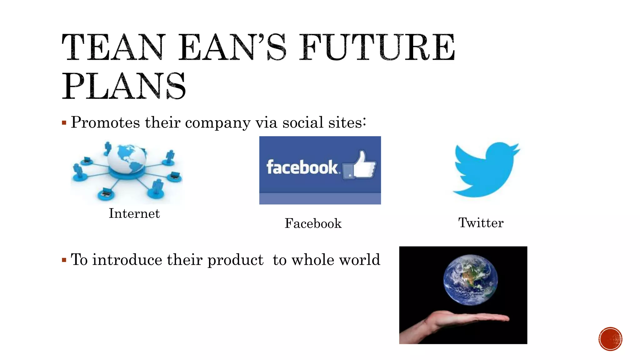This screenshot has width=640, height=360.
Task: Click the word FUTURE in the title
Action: pos(377,47)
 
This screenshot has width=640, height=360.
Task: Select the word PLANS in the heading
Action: pos(124,86)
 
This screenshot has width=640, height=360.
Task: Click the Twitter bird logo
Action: pos(486,170)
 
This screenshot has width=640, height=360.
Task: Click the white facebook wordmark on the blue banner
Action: pos(302,167)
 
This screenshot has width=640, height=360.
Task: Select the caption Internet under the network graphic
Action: pos(134,213)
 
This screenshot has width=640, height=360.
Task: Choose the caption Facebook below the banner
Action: pos(313,223)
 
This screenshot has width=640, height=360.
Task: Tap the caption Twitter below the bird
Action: pos(481,223)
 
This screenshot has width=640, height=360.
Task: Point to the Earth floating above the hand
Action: pos(470,279)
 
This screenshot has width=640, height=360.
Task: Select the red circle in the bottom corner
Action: pos(610,339)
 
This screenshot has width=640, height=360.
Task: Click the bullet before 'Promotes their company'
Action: pos(64,123)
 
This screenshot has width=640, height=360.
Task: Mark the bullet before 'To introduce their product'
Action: pos(64,260)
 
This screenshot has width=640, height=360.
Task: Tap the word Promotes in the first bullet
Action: pos(105,122)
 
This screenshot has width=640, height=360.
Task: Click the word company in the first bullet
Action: pos(217,123)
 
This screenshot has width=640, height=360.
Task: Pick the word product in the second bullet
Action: pos(235,260)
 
